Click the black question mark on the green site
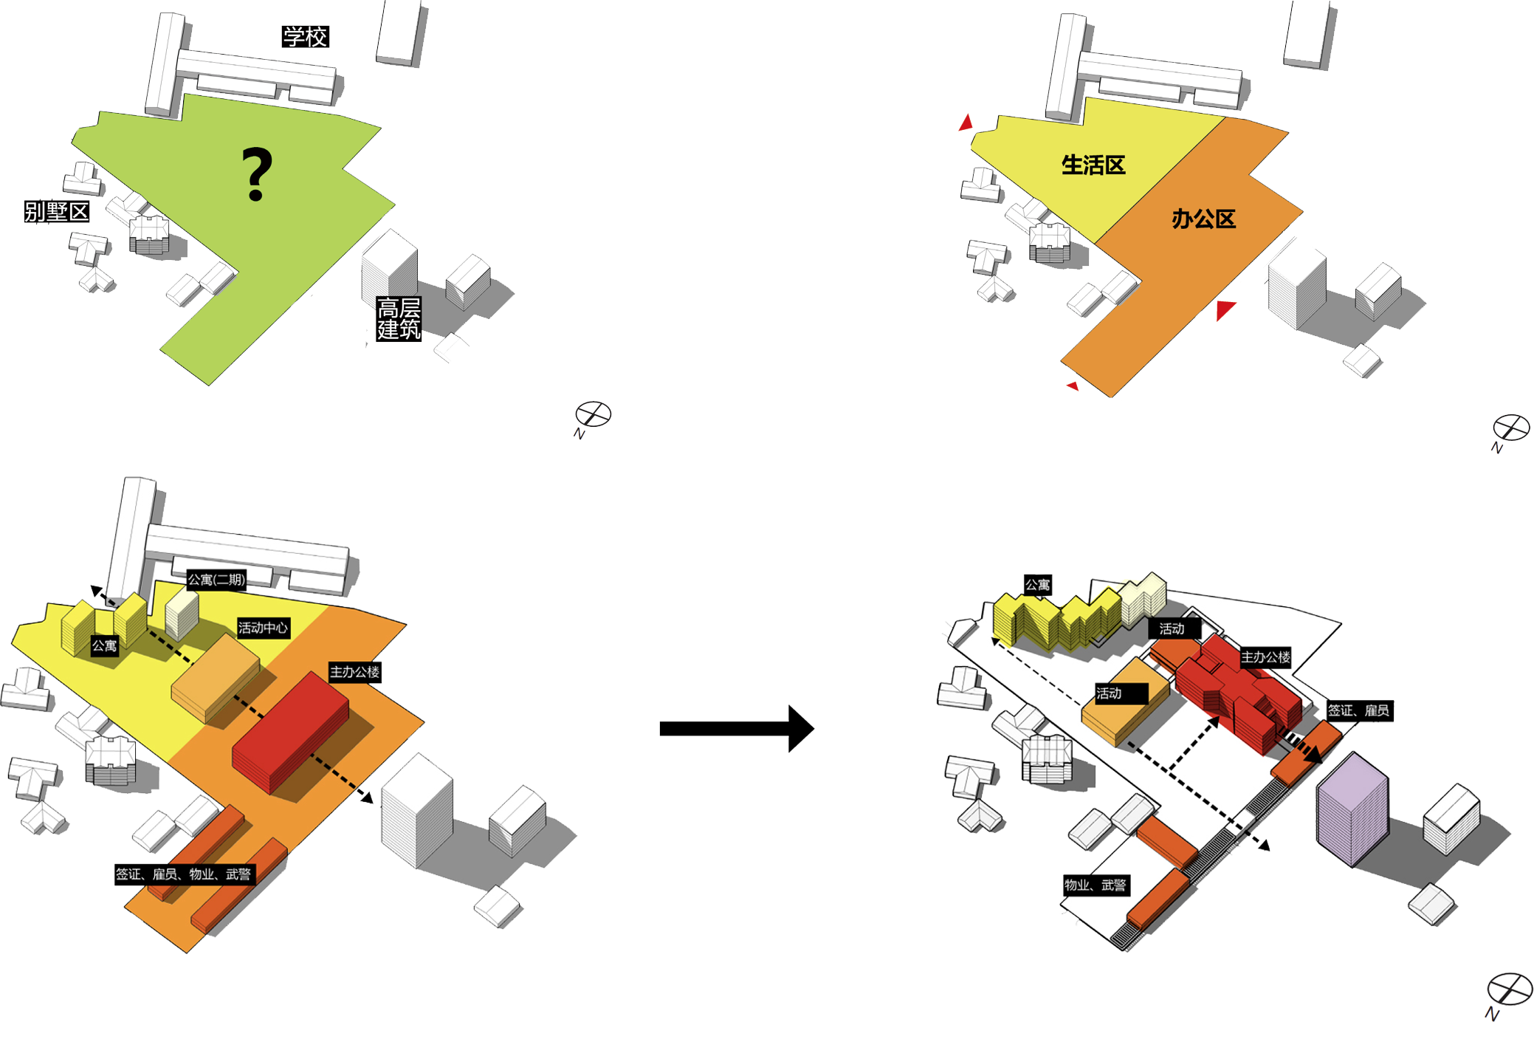pyautogui.click(x=257, y=174)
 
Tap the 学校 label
pyautogui.click(x=305, y=37)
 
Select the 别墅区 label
pyautogui.click(x=57, y=212)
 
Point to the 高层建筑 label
pyautogui.click(x=399, y=318)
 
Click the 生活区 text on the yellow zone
pyautogui.click(x=1093, y=165)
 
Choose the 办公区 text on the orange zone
pyautogui.click(x=1203, y=219)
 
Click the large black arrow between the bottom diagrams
pyautogui.click(x=736, y=728)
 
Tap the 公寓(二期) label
pyautogui.click(x=216, y=580)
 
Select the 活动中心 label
pyautogui.click(x=263, y=628)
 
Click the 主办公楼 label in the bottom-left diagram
pyautogui.click(x=354, y=672)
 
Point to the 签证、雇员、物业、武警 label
pyautogui.click(x=184, y=874)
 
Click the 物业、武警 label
pyautogui.click(x=1095, y=885)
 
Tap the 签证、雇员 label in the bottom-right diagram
pyautogui.click(x=1358, y=710)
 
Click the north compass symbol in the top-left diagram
pyautogui.click(x=594, y=414)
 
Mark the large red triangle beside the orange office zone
pyautogui.click(x=1225, y=309)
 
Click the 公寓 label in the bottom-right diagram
pyautogui.click(x=1037, y=585)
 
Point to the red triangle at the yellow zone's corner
pyautogui.click(x=966, y=123)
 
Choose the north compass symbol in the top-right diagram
pyautogui.click(x=1510, y=428)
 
